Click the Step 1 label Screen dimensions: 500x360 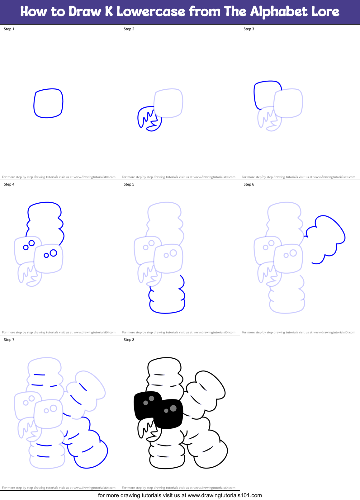9,29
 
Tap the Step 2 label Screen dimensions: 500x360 129,29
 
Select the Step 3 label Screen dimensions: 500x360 249,29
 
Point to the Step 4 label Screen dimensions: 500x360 9,184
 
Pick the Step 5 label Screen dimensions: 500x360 129,184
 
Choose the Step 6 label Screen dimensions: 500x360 249,184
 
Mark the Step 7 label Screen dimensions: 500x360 9,340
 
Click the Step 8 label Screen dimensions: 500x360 129,340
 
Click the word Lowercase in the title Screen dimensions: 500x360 151,12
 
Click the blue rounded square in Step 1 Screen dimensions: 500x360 48,103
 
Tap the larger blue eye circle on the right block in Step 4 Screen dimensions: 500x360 53,253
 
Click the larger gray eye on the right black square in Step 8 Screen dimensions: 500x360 173,408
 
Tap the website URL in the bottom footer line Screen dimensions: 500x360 225,495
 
